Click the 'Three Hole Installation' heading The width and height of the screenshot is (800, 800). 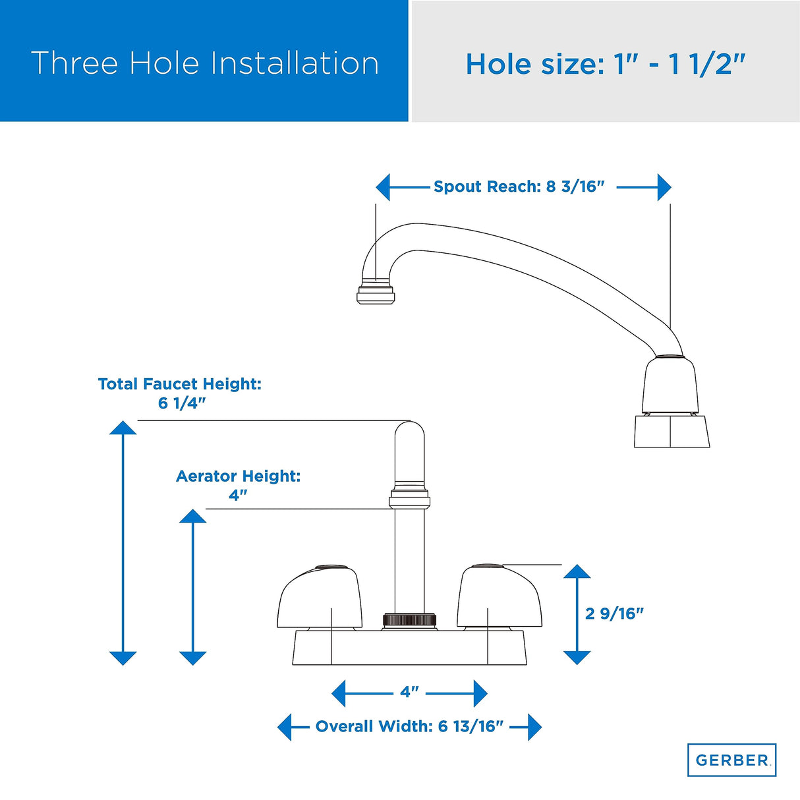[x=205, y=63]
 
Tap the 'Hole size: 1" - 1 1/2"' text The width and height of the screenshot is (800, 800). [x=606, y=65]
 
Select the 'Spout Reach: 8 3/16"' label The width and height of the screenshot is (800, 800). [x=518, y=186]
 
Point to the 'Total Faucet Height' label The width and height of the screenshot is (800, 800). [x=180, y=384]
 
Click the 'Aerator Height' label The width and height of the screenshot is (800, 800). [x=238, y=476]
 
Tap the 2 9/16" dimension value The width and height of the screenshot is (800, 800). [x=614, y=614]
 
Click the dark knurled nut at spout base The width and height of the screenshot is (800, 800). [x=410, y=620]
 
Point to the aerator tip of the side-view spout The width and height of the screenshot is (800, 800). [x=376, y=295]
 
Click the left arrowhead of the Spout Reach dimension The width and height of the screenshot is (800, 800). [x=383, y=187]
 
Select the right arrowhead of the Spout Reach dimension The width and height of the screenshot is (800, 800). [x=664, y=187]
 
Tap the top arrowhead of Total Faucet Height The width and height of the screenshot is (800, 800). [x=123, y=428]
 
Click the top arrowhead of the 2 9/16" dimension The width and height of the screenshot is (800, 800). [x=577, y=571]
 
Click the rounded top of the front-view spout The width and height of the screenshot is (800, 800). [x=409, y=429]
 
